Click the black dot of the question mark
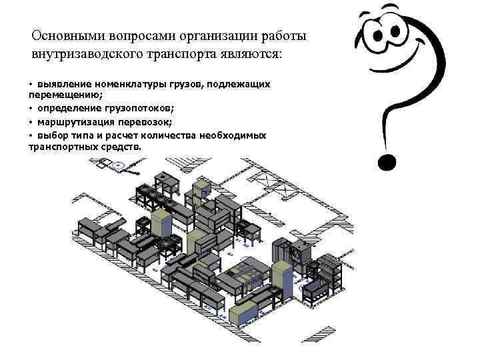pyautogui.click(x=387, y=162)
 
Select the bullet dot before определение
pyautogui.click(x=31, y=109)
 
